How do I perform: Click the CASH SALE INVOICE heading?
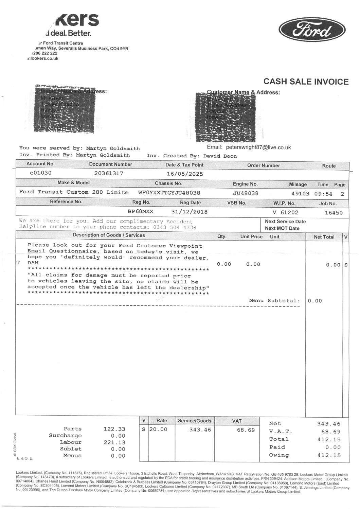point(306,82)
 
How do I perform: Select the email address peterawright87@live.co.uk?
point(258,147)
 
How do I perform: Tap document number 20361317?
point(109,173)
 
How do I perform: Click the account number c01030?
point(41,173)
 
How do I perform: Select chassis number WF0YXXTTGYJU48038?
point(169,193)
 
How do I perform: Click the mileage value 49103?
point(300,193)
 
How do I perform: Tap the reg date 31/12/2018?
point(189,212)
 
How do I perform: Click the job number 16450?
point(334,213)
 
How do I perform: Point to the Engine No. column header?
point(245,184)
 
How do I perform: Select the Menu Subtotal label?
point(274,301)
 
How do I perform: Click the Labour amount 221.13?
point(114,442)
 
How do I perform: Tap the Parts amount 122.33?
point(114,429)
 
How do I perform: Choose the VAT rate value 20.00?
point(158,429)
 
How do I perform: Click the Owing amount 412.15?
point(328,455)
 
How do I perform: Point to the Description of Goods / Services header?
point(109,235)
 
